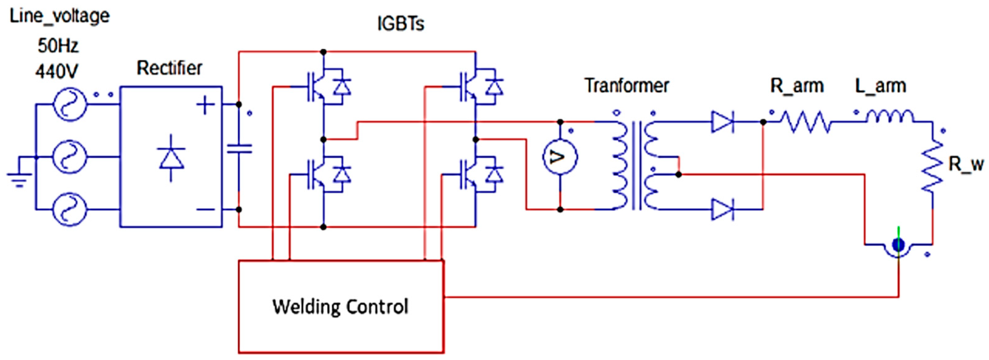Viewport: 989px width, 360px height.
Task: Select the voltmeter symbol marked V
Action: click(560, 157)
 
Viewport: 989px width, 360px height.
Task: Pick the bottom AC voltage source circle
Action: click(69, 209)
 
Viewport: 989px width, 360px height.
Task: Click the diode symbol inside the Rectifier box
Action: click(171, 157)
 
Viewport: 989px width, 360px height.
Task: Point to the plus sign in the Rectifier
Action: click(205, 105)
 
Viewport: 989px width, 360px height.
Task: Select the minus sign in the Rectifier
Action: click(205, 209)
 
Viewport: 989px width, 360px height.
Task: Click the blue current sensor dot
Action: click(898, 245)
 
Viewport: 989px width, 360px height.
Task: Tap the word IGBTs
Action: click(401, 24)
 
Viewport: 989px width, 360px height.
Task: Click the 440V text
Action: click(57, 71)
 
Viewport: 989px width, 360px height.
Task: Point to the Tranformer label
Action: click(627, 86)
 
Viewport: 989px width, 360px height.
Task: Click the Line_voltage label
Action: click(60, 17)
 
